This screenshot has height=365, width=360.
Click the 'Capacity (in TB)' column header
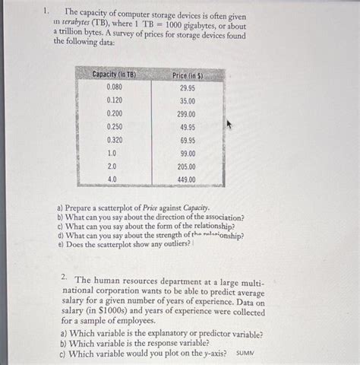[x=114, y=75]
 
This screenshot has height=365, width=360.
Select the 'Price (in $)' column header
[x=187, y=75]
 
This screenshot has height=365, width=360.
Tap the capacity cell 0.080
[x=115, y=87]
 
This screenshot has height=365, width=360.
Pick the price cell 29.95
[x=187, y=87]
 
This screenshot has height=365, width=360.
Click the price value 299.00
[x=187, y=114]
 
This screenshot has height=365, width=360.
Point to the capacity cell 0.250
[x=115, y=127]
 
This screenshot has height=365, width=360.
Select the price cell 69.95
[x=187, y=141]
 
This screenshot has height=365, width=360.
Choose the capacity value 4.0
[x=112, y=179]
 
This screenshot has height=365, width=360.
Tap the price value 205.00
[x=187, y=166]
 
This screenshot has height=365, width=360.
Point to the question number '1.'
[x=47, y=11]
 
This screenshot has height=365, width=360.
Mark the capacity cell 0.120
[x=115, y=100]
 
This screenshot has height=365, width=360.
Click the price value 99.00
[x=187, y=153]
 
